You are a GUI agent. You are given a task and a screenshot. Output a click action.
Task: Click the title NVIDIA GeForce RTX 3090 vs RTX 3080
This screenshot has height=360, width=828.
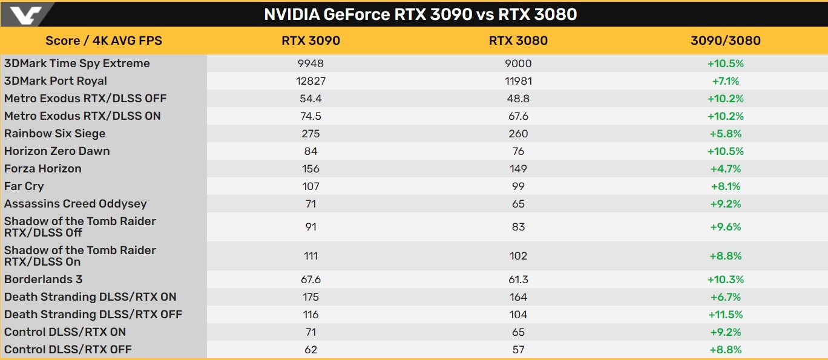421,14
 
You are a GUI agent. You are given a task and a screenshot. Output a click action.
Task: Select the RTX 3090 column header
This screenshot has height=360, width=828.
310,41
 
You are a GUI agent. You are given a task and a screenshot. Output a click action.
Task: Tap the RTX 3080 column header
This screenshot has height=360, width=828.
518,41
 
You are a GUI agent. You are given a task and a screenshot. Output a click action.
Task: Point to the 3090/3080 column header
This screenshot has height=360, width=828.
725,41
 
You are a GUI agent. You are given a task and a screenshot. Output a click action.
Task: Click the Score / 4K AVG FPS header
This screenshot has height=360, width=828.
103,41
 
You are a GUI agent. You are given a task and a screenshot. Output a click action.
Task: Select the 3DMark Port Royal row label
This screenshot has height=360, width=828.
56,81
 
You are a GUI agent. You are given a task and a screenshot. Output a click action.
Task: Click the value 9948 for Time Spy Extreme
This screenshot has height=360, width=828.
310,64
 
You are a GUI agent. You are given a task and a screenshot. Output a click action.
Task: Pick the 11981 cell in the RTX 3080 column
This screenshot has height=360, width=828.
518,81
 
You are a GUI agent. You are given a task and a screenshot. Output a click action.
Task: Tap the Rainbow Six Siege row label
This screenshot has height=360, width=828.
55,134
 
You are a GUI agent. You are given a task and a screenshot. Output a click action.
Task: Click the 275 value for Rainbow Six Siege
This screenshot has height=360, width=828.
310,134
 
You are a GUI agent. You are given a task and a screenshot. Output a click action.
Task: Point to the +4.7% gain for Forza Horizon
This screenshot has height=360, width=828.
725,169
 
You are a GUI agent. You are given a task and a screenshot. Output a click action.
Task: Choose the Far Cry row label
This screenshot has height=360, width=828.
24,186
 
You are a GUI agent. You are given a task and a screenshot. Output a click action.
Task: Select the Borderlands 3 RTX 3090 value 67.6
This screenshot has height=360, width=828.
310,280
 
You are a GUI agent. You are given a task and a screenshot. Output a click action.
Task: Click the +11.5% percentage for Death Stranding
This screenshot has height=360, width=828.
725,315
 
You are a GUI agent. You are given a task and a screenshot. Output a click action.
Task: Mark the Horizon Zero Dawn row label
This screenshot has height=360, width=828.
57,151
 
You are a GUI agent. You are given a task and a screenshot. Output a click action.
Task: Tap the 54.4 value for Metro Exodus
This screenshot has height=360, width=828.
310,99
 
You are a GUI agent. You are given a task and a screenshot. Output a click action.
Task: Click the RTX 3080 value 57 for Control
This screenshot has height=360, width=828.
518,350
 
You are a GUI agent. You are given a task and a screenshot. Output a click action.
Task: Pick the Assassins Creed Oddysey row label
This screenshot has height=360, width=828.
76,204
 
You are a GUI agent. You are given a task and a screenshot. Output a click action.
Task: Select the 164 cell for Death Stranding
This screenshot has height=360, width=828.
518,297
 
